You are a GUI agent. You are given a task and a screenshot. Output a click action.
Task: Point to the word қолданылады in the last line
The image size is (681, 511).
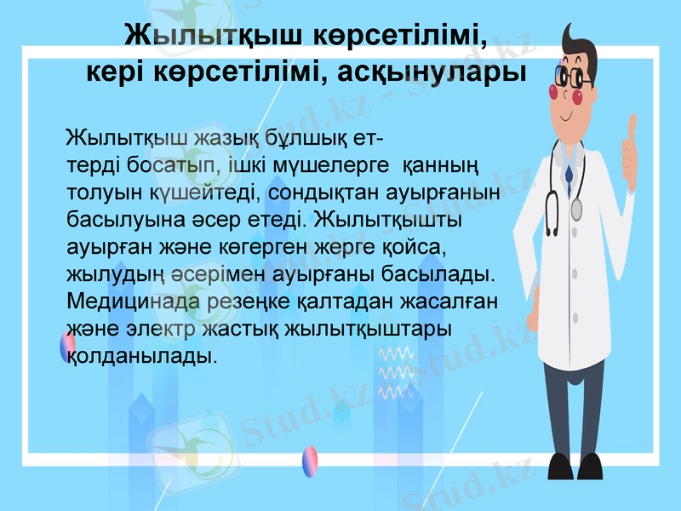[140, 354]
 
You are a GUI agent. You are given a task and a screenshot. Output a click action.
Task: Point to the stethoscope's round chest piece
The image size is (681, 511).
[577, 209]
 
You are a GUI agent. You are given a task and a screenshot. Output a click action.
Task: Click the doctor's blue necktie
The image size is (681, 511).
[569, 169]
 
